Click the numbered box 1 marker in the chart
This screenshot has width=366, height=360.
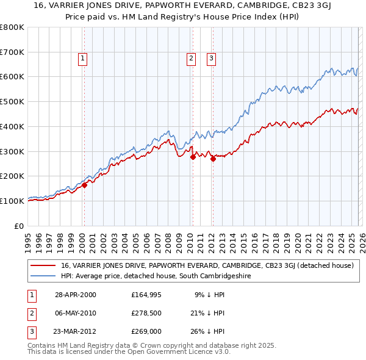pos(82,59)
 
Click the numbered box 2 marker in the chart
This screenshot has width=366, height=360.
pos(191,59)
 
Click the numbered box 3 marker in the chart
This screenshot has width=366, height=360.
pos(211,59)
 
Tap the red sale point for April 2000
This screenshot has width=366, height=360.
pos(85,185)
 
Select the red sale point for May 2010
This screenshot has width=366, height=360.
pos(193,157)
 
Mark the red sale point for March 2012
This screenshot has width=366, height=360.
pos(213,159)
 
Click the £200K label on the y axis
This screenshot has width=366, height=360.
pos(12,176)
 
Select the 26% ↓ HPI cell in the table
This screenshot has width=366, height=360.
pos(207,331)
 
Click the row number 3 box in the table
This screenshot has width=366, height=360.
pos(30,331)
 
